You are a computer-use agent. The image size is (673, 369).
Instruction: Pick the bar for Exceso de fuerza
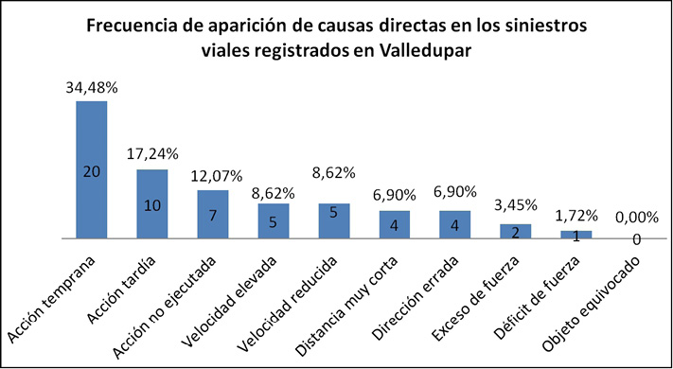click(x=516, y=231)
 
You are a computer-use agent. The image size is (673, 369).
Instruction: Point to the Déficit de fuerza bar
click(x=576, y=235)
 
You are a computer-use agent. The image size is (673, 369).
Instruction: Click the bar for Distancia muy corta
click(x=395, y=225)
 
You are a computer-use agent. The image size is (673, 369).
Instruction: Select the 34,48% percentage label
click(x=91, y=87)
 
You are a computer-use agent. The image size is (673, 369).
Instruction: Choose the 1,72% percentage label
click(x=576, y=216)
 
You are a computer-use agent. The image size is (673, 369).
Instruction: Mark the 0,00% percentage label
click(x=636, y=219)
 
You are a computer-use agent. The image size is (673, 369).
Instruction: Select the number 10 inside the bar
click(x=151, y=205)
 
